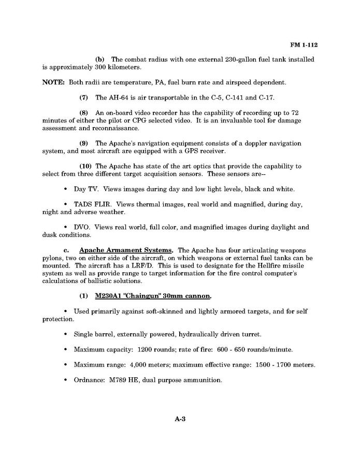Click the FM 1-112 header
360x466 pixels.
pos(304,45)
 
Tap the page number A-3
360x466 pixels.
pos(180,419)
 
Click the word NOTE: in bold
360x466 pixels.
pos(53,82)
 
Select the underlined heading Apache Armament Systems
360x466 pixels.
pos(126,250)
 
